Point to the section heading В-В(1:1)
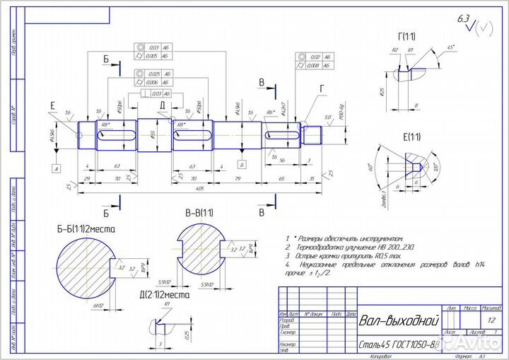201,213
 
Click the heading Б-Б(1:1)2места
86,229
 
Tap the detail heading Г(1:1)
407,36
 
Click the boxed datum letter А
54,168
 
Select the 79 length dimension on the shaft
238,179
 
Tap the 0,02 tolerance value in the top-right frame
315,57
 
